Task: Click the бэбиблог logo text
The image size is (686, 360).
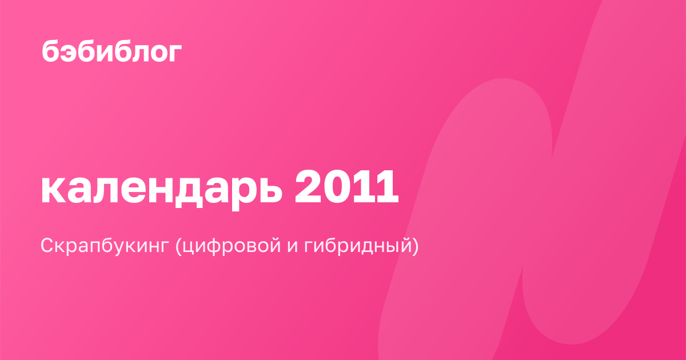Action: point(112,51)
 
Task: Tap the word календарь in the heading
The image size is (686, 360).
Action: point(161,189)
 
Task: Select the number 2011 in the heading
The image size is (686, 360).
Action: point(346,186)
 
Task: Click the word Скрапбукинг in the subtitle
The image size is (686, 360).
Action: point(105,246)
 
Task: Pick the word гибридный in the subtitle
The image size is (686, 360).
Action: point(357,246)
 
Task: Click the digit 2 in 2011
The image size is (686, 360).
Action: point(308,186)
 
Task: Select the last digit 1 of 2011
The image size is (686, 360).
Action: point(387,186)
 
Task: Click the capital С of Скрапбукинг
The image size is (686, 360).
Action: point(49,245)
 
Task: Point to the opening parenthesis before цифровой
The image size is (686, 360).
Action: point(178,246)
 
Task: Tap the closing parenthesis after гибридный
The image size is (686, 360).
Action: point(415,246)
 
